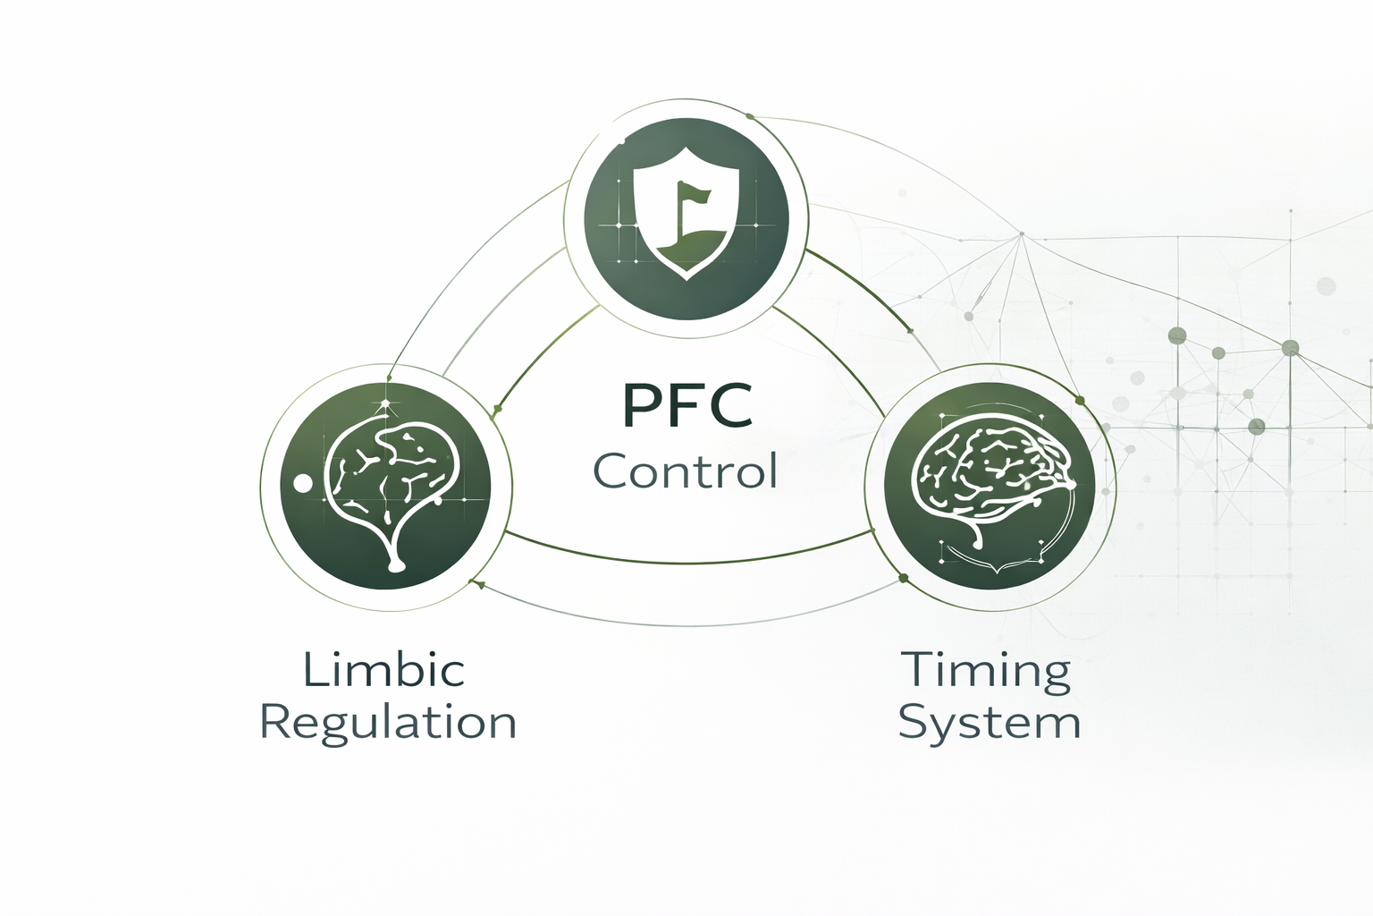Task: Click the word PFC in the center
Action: (x=686, y=406)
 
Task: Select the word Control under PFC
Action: (x=686, y=471)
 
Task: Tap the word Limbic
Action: (x=384, y=669)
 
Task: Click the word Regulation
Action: (x=388, y=723)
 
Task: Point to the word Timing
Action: (x=985, y=671)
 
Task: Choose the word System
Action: (x=990, y=723)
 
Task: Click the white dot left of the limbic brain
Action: (x=303, y=483)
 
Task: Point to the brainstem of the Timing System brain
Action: (x=976, y=536)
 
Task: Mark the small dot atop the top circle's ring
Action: (x=749, y=116)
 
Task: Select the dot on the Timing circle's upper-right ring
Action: (x=1079, y=400)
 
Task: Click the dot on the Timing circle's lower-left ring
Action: (x=903, y=579)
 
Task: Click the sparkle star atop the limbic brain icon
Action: (x=385, y=404)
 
